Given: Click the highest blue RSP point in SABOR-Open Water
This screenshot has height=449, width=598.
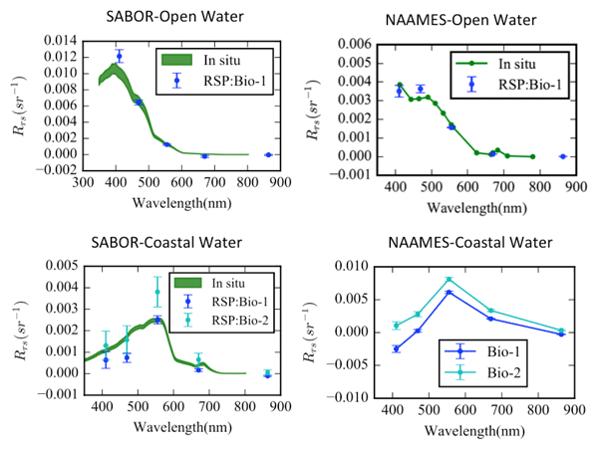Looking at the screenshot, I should click(x=120, y=57).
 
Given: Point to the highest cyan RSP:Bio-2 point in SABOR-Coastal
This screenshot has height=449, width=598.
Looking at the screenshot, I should click(x=156, y=292).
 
